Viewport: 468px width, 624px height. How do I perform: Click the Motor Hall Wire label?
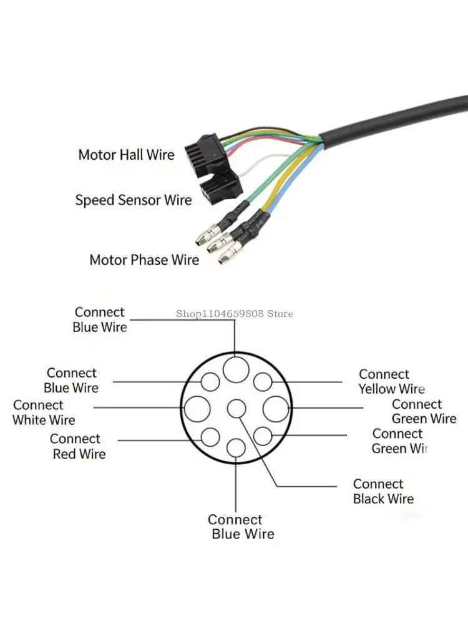tap(126, 155)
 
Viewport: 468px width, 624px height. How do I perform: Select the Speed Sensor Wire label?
tap(134, 200)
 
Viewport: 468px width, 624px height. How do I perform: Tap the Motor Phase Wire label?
tap(144, 260)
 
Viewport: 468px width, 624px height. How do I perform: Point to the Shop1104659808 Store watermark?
tap(234, 314)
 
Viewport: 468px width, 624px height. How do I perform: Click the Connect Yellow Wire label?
tap(391, 381)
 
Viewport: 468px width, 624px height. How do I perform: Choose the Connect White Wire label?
tap(44, 412)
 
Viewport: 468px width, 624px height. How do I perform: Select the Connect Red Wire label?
tap(77, 446)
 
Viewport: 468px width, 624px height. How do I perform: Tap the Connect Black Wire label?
tap(383, 491)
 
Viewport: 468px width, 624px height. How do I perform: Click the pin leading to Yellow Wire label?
tap(263, 382)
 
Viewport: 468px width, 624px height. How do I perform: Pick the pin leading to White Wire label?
tap(197, 409)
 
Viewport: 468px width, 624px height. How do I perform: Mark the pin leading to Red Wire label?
tap(210, 437)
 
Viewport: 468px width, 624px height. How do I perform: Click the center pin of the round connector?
tap(236, 409)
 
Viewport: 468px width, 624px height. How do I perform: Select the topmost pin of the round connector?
tap(236, 369)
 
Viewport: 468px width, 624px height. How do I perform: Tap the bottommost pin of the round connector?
tap(236, 448)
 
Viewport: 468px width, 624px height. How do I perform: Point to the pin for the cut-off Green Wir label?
tap(263, 436)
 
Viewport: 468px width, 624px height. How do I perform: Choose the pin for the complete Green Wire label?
tap(276, 409)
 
